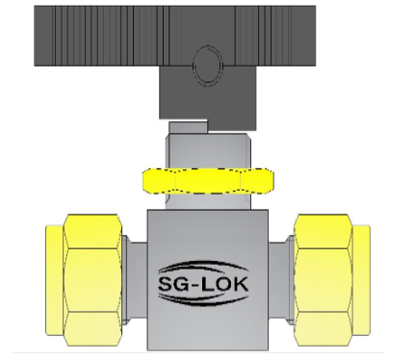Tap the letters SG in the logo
tap(177, 283)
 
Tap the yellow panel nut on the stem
tap(206, 179)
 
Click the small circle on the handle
tap(206, 66)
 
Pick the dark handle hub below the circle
tap(206, 100)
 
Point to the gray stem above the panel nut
tap(206, 149)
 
